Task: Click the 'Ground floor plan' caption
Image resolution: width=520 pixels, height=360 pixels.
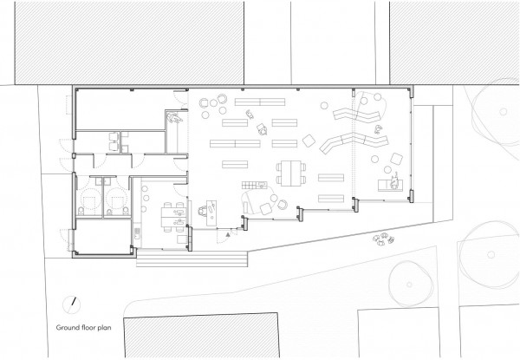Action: [83, 328]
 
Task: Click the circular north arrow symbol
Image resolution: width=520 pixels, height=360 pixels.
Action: [72, 304]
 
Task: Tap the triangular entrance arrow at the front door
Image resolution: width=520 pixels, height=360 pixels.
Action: [227, 234]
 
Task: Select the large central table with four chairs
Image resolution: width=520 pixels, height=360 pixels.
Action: [291, 173]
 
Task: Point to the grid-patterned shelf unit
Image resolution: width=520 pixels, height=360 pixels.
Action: [254, 185]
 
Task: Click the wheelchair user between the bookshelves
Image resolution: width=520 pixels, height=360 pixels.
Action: [262, 129]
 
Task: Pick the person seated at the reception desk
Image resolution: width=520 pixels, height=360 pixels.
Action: [203, 211]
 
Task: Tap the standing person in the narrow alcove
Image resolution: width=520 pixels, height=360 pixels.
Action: [174, 117]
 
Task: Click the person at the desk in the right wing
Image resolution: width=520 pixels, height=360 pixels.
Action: [394, 181]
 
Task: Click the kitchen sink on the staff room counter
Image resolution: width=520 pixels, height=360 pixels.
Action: [137, 232]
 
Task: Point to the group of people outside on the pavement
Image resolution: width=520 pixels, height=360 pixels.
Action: [383, 239]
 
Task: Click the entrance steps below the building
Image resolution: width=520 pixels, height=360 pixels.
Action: [192, 259]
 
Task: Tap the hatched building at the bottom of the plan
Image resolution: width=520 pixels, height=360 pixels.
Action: [201, 336]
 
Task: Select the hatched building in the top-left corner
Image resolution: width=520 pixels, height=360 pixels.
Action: [129, 43]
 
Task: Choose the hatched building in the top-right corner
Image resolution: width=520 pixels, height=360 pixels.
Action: [454, 43]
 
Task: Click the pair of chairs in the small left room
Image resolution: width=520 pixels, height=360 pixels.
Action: [114, 141]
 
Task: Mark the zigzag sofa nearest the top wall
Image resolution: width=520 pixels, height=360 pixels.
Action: [356, 115]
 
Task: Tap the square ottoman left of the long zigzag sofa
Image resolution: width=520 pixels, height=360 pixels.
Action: [309, 141]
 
